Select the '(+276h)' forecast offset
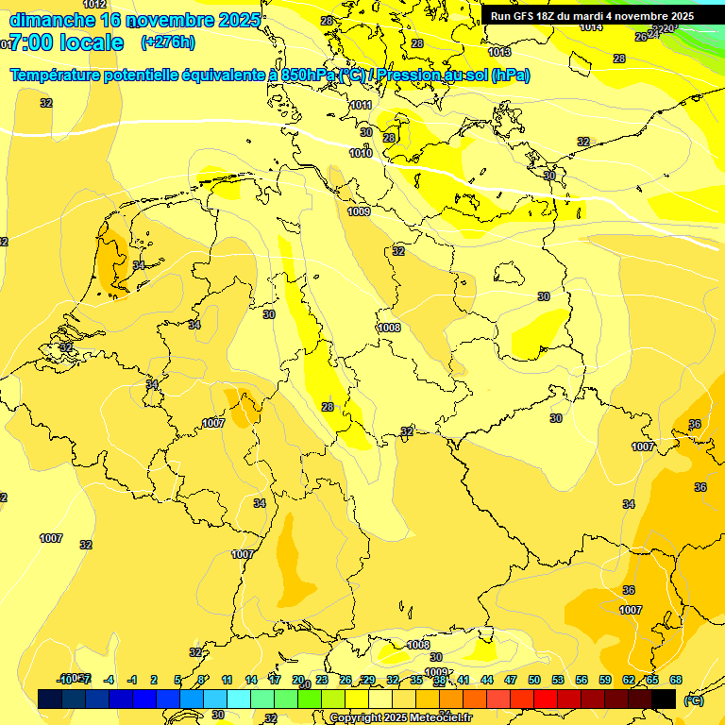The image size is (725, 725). click(x=168, y=42)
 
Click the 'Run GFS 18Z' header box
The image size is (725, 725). click(x=592, y=16)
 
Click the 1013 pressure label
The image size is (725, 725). click(x=499, y=52)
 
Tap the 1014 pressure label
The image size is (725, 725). click(x=591, y=26)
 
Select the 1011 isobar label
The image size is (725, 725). click(x=361, y=106)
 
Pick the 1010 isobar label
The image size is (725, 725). click(x=361, y=153)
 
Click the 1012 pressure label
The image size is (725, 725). click(x=94, y=5)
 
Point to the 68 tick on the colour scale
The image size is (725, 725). click(x=676, y=680)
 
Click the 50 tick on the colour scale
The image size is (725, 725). click(x=534, y=680)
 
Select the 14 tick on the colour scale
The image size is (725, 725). click(x=251, y=680)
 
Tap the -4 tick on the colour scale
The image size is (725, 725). click(x=110, y=680)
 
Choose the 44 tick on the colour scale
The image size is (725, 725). click(x=487, y=680)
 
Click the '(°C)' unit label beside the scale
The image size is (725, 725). click(x=694, y=700)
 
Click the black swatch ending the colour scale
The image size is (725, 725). click(x=664, y=699)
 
